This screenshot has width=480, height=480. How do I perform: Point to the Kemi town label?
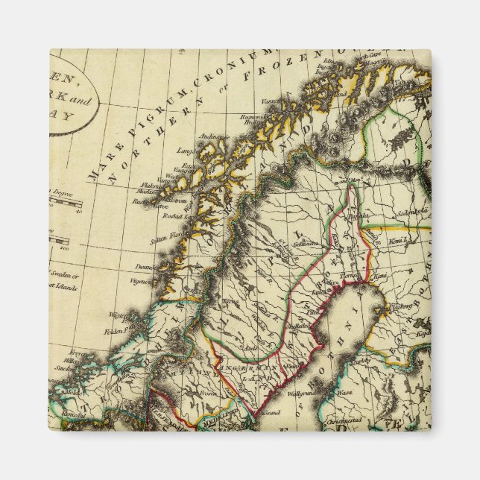tap(381, 276)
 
